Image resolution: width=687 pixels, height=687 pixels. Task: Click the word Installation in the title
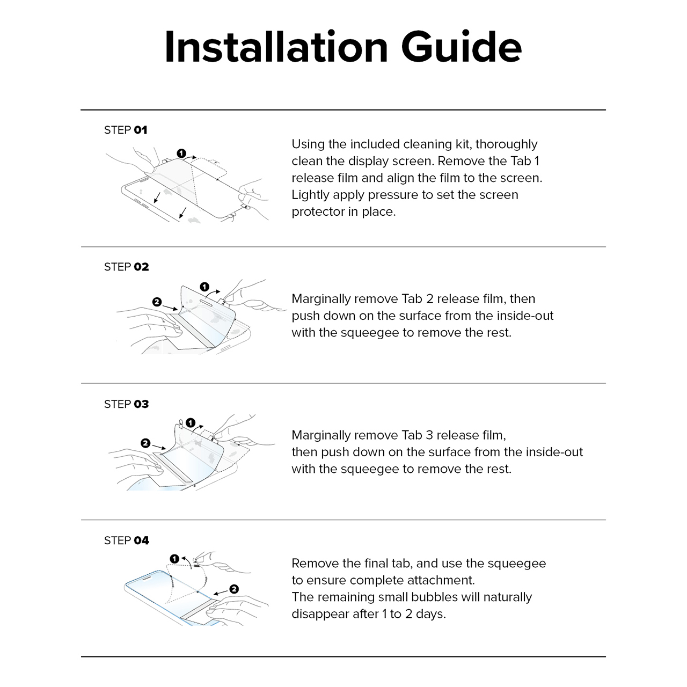click(276, 47)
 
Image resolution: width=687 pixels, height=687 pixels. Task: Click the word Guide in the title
click(462, 47)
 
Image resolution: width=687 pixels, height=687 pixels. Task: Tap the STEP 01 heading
click(126, 130)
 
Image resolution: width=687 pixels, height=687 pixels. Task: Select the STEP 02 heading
click(126, 267)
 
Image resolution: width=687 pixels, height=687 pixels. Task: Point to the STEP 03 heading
click(126, 404)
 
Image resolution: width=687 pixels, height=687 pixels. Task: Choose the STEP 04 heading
click(127, 540)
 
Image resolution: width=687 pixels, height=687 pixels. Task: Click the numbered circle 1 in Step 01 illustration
click(181, 154)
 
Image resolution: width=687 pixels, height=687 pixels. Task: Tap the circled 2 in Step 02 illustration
click(157, 302)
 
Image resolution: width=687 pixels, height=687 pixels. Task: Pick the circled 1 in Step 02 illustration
click(204, 287)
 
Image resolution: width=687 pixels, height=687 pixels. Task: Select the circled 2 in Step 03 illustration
click(145, 443)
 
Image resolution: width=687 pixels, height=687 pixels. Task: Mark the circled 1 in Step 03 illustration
click(191, 423)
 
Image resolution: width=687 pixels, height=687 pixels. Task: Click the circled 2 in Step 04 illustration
click(234, 589)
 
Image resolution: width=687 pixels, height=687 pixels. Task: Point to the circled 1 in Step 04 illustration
click(174, 559)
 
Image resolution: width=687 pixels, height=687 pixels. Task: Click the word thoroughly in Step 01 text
click(506, 144)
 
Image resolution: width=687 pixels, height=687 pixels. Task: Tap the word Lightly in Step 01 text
click(310, 195)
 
